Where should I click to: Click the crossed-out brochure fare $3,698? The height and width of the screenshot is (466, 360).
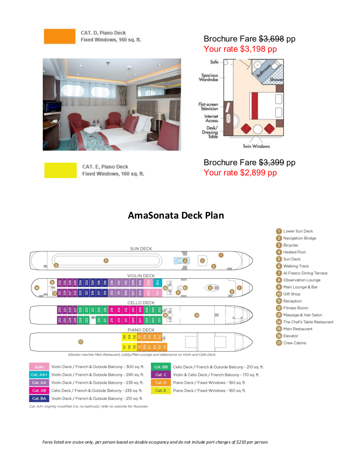271,39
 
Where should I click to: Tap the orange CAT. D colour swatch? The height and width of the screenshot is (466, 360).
59,36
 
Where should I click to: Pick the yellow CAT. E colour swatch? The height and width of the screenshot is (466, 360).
60,170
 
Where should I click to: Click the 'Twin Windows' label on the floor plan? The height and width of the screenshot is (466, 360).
256,147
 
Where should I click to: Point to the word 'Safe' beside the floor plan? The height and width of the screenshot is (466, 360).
214,62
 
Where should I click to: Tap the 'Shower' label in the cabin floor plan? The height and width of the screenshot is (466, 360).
277,80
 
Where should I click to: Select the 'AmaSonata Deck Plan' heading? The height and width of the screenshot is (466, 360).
176,215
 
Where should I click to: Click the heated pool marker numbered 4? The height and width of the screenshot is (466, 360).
185,261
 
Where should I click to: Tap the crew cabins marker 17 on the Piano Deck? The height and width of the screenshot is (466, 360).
80,341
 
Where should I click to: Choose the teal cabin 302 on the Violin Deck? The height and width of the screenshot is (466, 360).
157,282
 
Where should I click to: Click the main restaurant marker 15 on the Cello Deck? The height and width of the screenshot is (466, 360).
196,315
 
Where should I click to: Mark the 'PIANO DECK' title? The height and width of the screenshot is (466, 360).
141,330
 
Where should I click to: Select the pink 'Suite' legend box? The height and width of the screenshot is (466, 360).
39,367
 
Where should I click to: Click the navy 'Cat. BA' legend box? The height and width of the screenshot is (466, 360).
39,398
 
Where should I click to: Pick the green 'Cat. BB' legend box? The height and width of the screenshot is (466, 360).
161,367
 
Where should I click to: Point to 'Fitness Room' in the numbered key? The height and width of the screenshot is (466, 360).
295,308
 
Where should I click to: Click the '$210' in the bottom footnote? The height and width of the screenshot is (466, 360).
239,442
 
